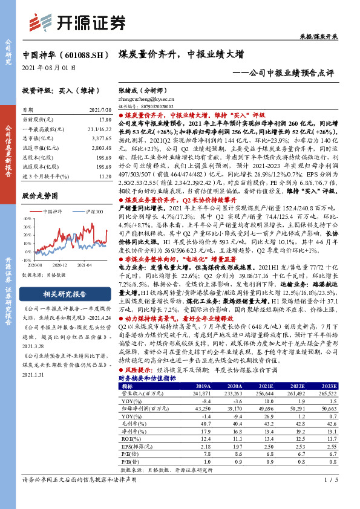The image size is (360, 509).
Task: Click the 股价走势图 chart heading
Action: coord(40,196)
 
